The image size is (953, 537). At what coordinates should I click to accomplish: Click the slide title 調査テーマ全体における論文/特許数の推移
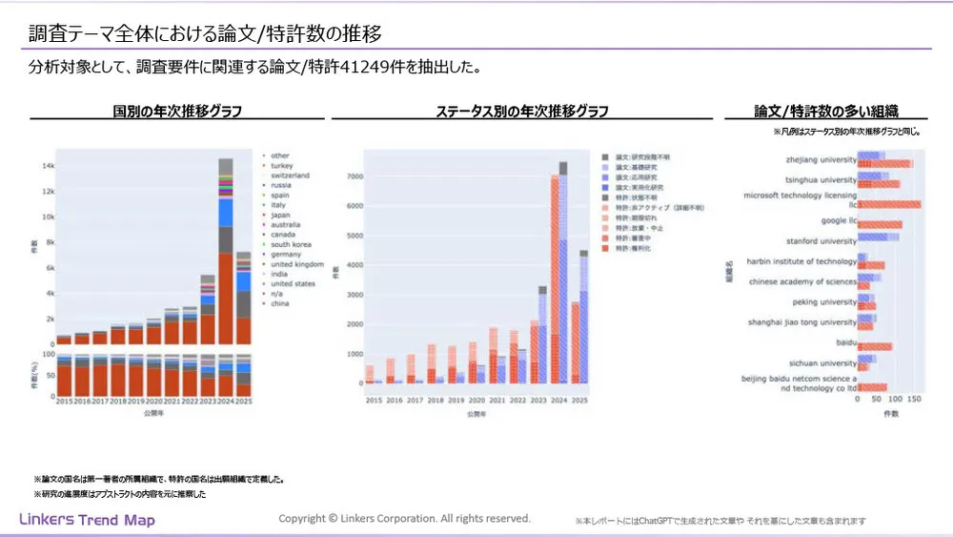coord(205,34)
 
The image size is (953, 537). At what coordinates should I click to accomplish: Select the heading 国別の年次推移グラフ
coord(177,111)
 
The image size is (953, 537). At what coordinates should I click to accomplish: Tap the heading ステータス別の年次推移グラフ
coord(522,111)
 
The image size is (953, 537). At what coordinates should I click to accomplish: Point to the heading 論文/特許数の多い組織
coord(826,111)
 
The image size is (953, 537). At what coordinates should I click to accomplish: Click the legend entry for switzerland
coord(292,176)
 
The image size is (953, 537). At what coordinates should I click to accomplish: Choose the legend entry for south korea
coord(293,244)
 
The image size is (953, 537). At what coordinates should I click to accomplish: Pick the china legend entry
coord(280,304)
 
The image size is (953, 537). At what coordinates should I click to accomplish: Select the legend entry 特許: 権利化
coord(633,248)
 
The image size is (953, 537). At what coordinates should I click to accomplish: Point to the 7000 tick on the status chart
coord(351,176)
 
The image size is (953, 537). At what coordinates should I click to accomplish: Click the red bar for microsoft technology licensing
coord(890,205)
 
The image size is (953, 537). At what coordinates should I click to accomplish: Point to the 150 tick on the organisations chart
coord(916,402)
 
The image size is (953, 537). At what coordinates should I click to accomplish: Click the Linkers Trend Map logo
coord(87,520)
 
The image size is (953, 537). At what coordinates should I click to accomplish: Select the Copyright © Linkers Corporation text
coord(404,518)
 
